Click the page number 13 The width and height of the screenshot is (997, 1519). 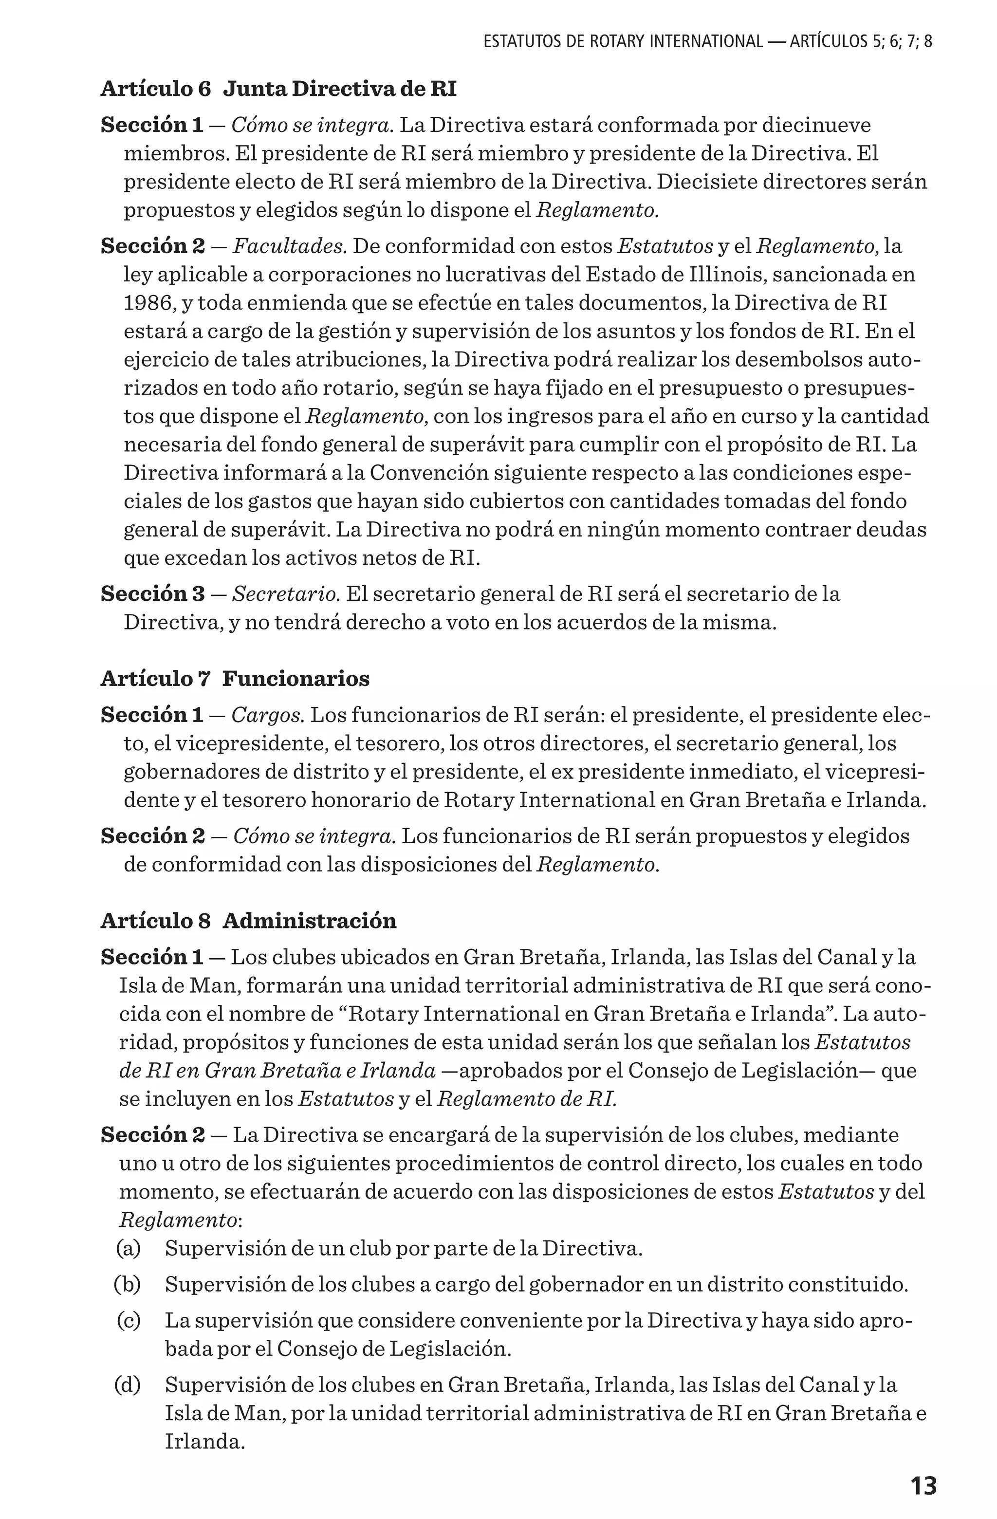pos(923,1486)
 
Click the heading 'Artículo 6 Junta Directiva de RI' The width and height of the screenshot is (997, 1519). pos(278,89)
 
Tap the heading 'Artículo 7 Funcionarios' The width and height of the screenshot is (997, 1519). pos(235,679)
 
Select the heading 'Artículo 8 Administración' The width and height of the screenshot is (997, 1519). pos(248,921)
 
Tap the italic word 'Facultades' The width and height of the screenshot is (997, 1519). pos(289,246)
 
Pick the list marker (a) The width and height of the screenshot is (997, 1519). pos(129,1248)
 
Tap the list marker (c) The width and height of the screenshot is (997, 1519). pos(129,1320)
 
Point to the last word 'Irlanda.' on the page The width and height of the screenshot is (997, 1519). pos(205,1441)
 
